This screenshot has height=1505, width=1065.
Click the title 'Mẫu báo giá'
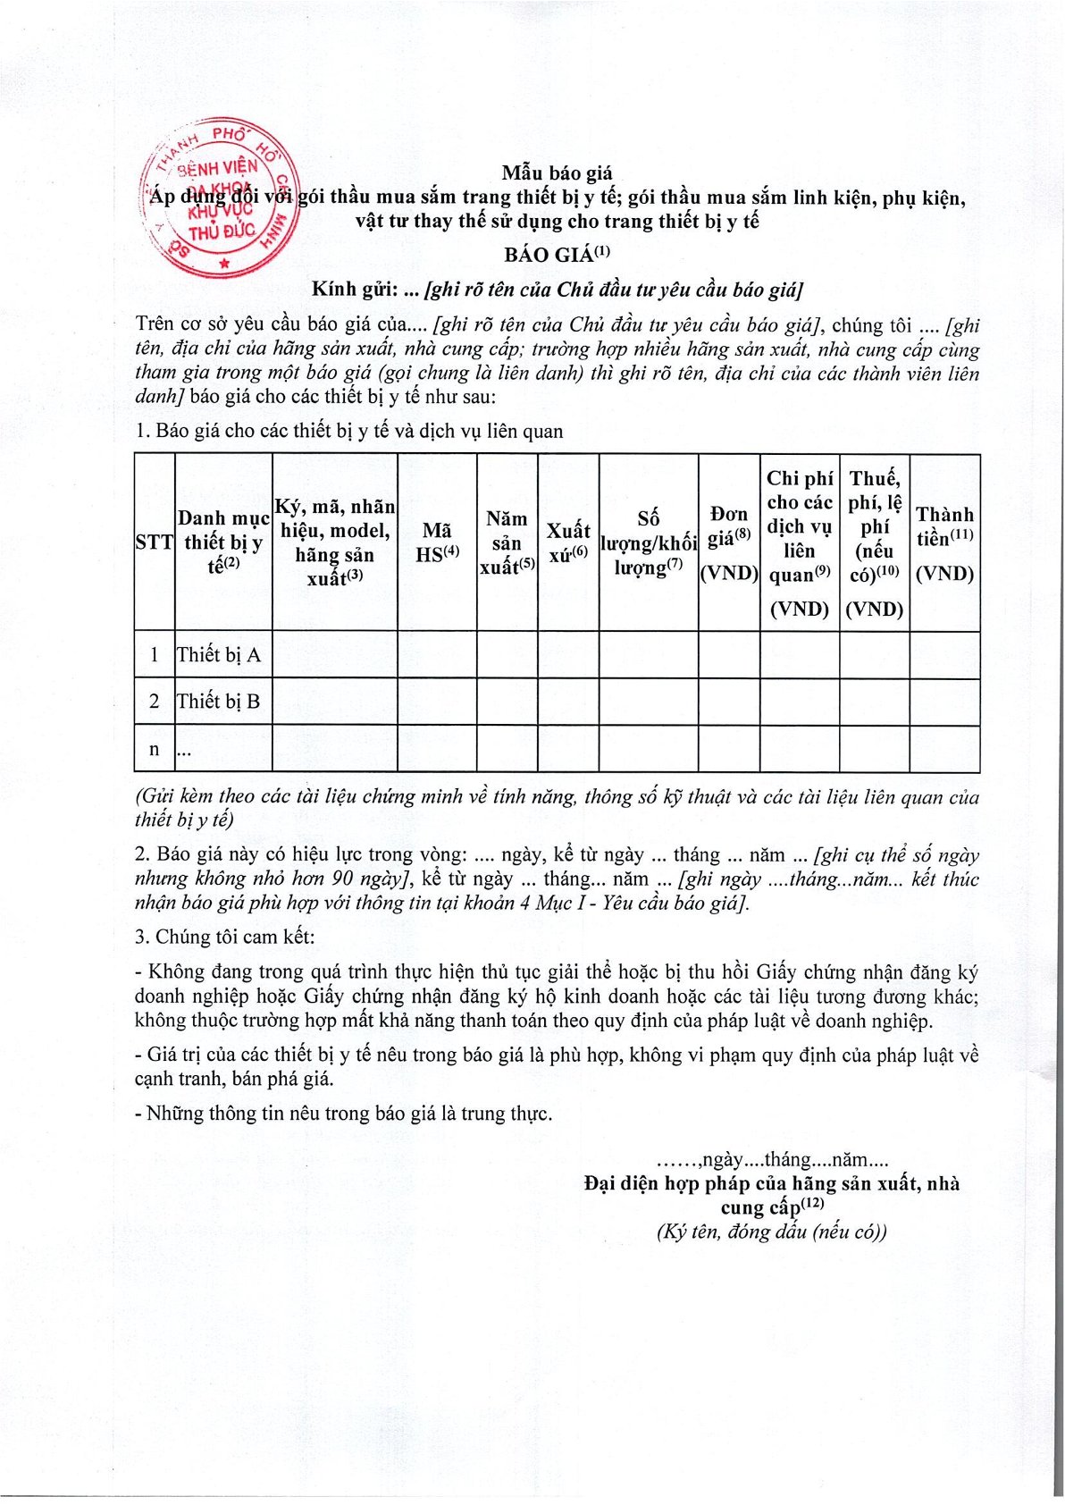[x=557, y=173]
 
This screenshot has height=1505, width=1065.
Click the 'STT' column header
[x=154, y=542]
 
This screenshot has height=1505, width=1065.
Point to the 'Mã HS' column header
[x=437, y=542]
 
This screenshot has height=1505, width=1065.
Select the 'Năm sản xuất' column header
[x=507, y=542]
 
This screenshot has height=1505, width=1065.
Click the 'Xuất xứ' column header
[x=568, y=542]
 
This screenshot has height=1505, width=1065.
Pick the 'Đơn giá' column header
[x=729, y=542]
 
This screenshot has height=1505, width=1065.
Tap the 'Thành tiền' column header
[x=944, y=542]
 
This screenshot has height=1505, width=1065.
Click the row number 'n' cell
[x=154, y=749]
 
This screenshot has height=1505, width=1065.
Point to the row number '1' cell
[x=154, y=655]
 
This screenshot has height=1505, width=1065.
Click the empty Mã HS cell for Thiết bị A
[x=437, y=655]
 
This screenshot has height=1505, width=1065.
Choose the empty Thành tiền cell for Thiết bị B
[x=944, y=702]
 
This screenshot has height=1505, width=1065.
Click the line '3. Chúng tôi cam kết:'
[x=224, y=937]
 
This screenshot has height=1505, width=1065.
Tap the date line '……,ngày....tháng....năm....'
[x=772, y=1160]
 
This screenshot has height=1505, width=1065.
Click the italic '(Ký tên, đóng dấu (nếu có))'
[x=772, y=1232]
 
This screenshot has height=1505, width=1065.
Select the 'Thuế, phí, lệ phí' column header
[x=875, y=542]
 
